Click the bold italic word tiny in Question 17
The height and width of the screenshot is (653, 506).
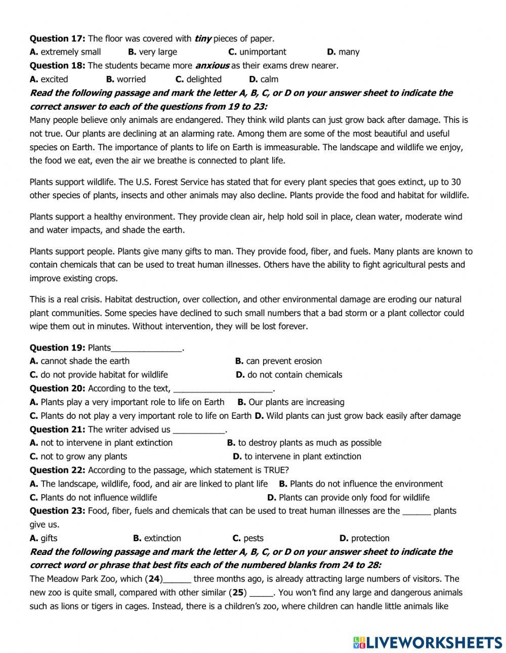coord(202,38)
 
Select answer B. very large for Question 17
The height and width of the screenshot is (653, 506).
coord(152,52)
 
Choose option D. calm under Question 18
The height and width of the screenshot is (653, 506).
coord(264,79)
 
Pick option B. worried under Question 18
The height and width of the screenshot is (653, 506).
coord(126,79)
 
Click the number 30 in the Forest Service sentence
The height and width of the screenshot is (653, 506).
coord(455,182)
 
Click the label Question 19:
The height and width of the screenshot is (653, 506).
coord(57,347)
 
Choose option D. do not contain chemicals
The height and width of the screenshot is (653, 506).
coord(289,375)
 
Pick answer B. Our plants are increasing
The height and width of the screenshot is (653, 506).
coord(291,402)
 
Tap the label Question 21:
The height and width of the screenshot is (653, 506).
coord(57,429)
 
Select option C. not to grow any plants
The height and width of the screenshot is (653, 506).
coord(78,456)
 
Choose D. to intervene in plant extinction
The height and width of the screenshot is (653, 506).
coord(297,456)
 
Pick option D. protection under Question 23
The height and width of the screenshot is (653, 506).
coord(364,538)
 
